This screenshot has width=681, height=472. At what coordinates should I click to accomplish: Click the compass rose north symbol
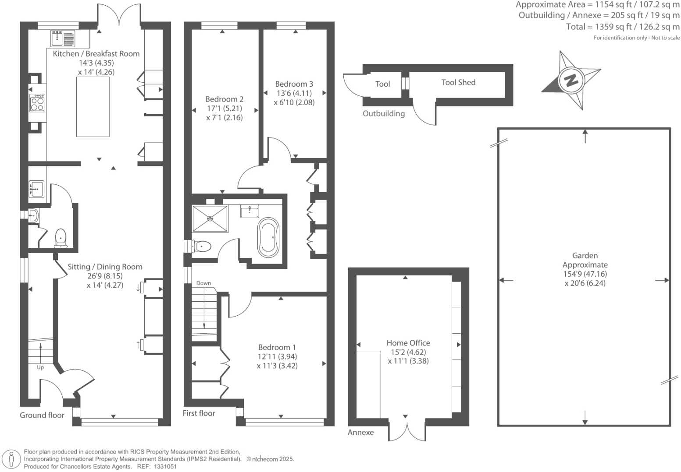[x=571, y=81]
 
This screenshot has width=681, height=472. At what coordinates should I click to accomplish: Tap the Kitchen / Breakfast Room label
[x=96, y=54]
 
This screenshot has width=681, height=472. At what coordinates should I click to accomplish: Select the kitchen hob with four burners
[x=37, y=103]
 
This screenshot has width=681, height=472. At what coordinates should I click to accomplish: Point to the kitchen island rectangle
[x=93, y=106]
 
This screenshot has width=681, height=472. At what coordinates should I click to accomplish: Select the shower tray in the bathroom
[x=210, y=218]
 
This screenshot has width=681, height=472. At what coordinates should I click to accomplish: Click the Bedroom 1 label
[x=277, y=347]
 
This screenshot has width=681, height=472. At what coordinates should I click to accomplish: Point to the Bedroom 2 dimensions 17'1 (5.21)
[x=225, y=108]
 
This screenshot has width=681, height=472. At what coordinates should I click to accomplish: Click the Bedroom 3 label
[x=294, y=84]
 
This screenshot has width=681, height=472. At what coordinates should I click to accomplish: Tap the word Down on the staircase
[x=203, y=283]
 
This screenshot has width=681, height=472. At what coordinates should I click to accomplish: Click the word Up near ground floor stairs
[x=40, y=367]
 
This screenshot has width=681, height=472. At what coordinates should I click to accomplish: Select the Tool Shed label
[x=458, y=82]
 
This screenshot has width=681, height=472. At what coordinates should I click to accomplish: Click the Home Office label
[x=408, y=343]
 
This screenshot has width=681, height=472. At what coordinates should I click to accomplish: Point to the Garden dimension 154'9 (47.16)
[x=585, y=274]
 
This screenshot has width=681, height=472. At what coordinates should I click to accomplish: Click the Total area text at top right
[x=623, y=27]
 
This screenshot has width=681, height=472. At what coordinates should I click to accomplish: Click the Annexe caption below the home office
[x=360, y=432]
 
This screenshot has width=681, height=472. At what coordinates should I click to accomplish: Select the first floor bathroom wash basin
[x=250, y=211]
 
